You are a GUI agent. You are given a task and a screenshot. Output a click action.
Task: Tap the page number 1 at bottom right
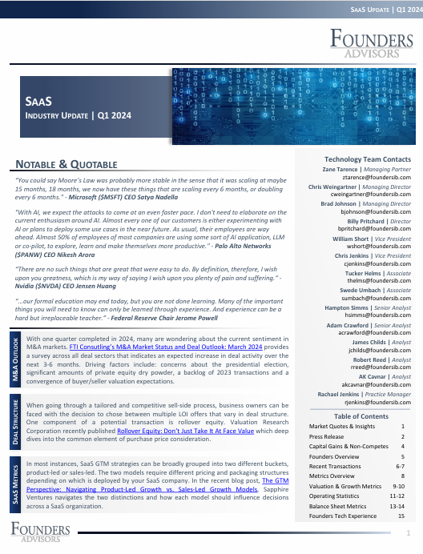coord(409,533)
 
